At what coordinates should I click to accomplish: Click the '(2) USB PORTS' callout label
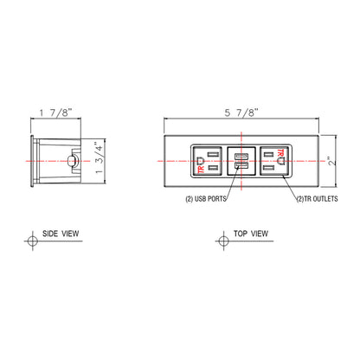[x=207, y=198]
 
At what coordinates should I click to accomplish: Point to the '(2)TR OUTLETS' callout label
[x=314, y=198]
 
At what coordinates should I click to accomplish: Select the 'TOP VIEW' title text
[x=251, y=234]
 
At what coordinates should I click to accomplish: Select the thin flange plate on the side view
[x=32, y=161]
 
